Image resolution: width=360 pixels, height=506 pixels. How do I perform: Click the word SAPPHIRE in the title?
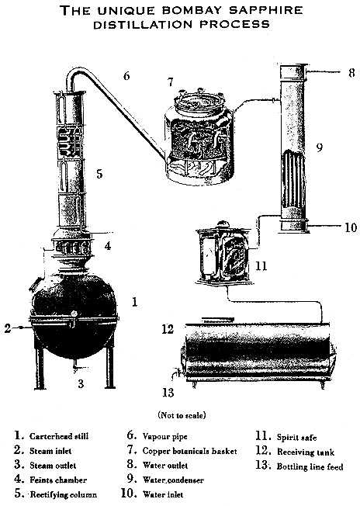coord(266,10)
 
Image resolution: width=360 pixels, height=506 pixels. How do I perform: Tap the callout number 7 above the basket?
coord(171,82)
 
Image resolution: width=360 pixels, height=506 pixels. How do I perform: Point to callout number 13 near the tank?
coord(168,393)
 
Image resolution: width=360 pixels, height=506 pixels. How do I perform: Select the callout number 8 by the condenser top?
coord(351,73)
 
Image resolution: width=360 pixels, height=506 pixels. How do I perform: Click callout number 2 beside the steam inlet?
coord(8,328)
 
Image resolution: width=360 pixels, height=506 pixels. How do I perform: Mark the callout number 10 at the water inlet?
coord(351,227)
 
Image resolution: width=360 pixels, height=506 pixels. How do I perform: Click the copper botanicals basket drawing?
coord(199,137)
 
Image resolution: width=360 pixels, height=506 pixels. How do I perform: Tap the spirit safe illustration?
coord(223,253)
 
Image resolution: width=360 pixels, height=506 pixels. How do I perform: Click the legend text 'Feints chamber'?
coord(58,480)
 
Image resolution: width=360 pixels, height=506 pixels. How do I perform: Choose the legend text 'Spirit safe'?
coord(297,437)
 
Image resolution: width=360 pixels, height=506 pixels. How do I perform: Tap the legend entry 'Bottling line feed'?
coord(310,466)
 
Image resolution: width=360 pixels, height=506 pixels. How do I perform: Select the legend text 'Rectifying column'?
coord(63,494)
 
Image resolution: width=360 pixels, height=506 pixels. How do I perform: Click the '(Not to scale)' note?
coord(182,415)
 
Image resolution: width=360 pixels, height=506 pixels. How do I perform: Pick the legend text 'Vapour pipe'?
coord(164,437)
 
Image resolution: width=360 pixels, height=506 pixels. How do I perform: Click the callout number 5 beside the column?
coord(99,174)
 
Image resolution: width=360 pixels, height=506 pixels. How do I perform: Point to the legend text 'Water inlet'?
coord(163,494)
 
